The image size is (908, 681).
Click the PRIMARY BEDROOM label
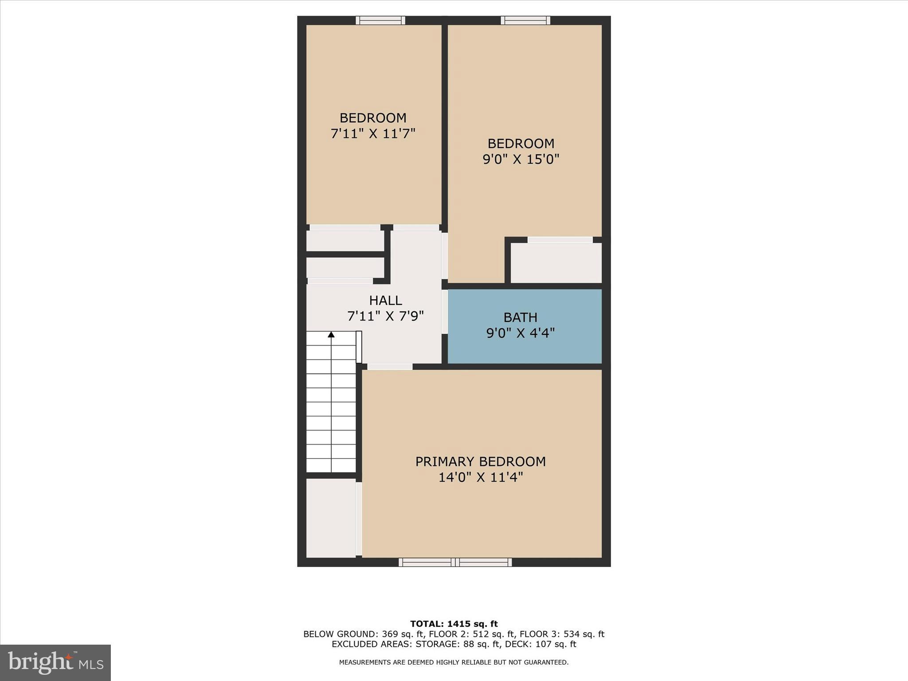[480, 462]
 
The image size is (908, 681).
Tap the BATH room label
[520, 317]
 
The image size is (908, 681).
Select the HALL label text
[385, 301]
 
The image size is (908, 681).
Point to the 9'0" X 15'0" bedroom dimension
[521, 159]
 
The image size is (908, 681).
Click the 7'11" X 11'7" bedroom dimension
[373, 133]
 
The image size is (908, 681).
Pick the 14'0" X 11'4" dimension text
[481, 477]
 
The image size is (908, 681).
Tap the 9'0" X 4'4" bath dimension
[520, 333]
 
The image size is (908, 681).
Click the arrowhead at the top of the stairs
[331, 335]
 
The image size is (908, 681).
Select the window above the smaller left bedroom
[380, 20]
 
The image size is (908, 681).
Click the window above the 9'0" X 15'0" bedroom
[525, 20]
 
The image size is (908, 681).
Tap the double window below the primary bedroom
[455, 562]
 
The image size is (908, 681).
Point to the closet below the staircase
[331, 517]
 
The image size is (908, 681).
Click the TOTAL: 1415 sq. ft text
[454, 624]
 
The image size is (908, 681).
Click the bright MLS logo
[55, 663]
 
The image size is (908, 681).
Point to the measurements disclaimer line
[454, 662]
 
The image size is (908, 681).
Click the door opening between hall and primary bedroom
[390, 367]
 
